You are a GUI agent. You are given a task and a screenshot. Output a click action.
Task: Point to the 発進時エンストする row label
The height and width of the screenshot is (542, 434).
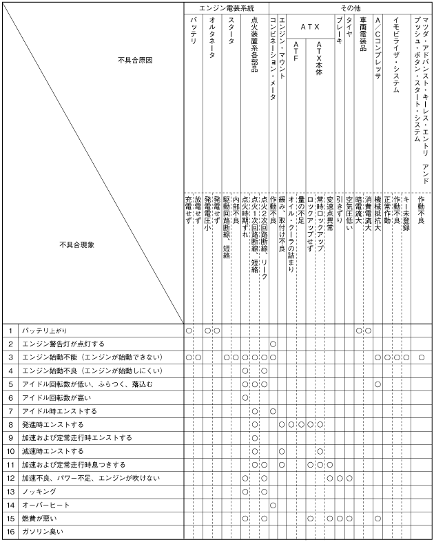click(x=52, y=424)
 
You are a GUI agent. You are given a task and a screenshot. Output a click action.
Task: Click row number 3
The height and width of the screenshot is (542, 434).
click(x=11, y=357)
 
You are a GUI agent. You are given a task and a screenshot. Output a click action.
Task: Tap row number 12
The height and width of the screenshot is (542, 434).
click(x=11, y=478)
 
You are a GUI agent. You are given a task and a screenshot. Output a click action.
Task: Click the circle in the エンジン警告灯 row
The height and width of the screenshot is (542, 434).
click(x=273, y=344)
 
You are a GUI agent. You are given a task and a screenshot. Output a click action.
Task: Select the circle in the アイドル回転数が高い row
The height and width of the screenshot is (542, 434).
click(x=245, y=397)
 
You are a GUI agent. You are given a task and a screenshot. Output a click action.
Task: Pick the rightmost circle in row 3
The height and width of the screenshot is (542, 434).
click(x=421, y=357)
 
